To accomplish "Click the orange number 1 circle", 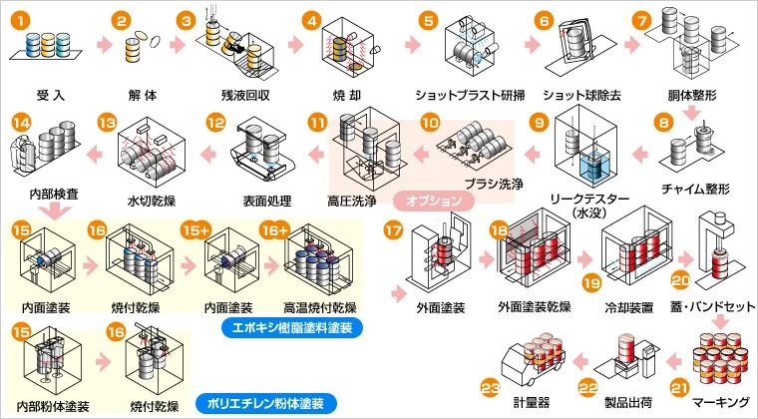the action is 20,21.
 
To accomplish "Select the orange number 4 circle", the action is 312,21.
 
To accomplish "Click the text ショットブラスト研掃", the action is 470,95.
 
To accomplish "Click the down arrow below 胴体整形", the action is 693,114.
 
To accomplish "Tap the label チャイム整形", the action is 695,189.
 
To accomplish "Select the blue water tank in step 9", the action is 593,168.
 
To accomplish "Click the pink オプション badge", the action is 434,201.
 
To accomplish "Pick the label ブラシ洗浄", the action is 493,184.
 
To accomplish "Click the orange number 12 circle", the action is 216,123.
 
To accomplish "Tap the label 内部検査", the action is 54,195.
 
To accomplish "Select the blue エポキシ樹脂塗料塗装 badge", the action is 292,327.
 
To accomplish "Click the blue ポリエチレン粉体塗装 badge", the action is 265,403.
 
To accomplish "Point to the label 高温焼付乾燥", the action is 320,307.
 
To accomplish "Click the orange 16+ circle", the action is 274,230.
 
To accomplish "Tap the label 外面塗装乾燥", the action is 535,306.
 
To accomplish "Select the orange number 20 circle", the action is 680,280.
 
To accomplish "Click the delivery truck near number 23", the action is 532,358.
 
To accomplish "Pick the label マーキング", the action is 720,402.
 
